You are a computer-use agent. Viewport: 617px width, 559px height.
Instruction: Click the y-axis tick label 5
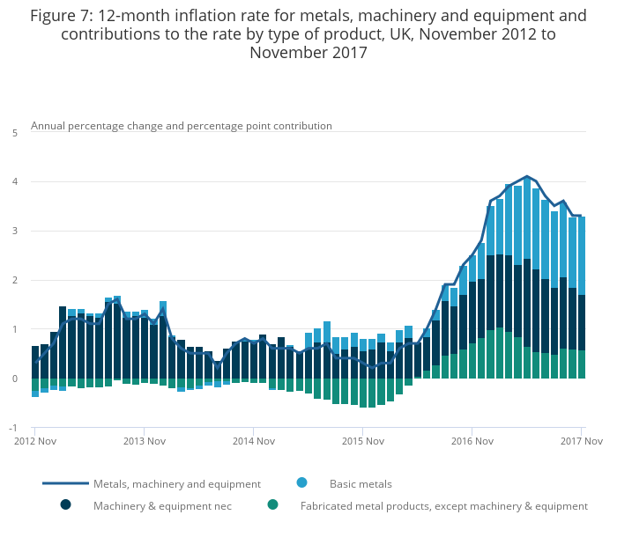coord(15,133)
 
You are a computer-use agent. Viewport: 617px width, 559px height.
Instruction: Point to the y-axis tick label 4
coord(15,181)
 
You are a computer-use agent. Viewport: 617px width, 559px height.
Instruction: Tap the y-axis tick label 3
coord(15,231)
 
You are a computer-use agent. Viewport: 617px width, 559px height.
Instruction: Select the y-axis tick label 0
coord(15,379)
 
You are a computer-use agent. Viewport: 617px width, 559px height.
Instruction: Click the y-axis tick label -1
coord(13,428)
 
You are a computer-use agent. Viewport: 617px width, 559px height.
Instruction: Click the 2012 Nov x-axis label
coord(35,441)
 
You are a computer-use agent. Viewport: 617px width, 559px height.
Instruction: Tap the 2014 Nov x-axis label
coord(254,441)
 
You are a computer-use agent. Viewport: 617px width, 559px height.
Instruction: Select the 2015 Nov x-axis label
coord(363,441)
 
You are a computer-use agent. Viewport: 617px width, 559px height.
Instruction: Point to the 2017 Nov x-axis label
coord(581,441)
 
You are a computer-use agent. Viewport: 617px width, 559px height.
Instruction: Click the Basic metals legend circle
coord(301,482)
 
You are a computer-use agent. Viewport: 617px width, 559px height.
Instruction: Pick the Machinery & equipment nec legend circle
coord(66,504)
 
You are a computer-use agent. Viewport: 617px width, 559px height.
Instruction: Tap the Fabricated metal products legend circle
coord(272,504)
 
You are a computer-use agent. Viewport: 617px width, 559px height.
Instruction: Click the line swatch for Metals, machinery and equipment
coord(66,483)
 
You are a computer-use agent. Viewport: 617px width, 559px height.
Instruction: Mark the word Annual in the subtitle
coord(48,126)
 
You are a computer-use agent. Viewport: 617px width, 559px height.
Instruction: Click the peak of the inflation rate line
coord(527,176)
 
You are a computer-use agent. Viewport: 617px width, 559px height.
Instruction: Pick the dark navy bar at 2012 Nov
coord(35,362)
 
